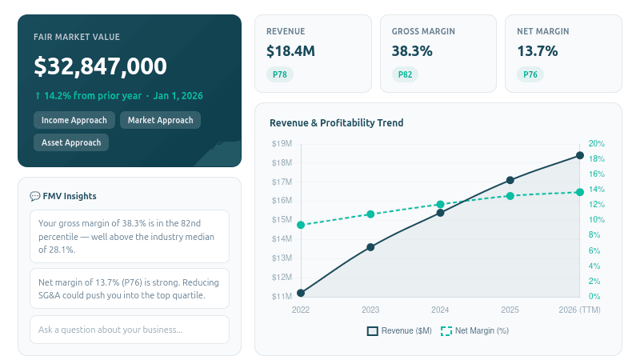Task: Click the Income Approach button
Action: coord(73,120)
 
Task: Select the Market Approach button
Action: coord(160,120)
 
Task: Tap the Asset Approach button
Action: coord(71,142)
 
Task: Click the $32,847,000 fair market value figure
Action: coord(100,66)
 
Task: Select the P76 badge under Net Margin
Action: coord(530,75)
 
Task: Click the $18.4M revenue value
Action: coord(290,51)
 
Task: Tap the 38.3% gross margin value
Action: coord(412,51)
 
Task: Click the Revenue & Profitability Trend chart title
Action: coord(336,123)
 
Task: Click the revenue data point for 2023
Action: coord(370,247)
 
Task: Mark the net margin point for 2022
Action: coord(301,225)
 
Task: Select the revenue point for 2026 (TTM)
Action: coord(580,156)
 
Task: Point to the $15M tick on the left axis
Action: coord(282,220)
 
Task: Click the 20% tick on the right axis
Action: coord(596,144)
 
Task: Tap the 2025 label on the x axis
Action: coord(510,310)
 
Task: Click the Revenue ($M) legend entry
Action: coord(399,330)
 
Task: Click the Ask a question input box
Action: coord(129,330)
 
